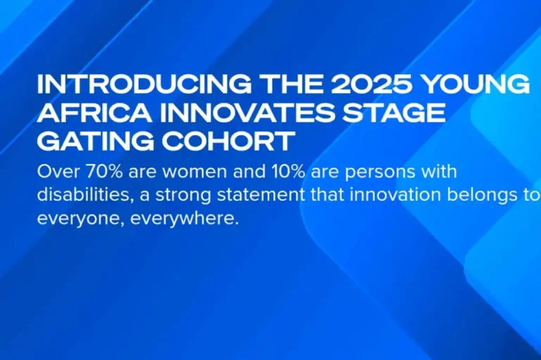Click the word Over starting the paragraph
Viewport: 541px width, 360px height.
click(56, 172)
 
